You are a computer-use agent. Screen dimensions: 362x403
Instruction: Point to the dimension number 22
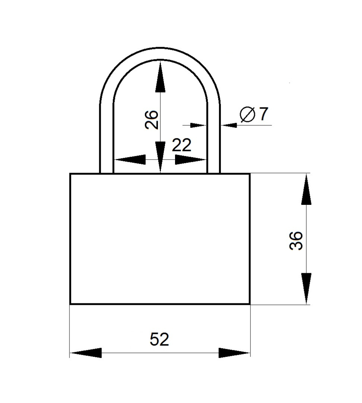(x=181, y=145)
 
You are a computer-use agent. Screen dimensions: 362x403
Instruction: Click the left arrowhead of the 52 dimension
(x=85, y=353)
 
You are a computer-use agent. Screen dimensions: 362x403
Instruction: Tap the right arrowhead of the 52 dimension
(x=234, y=353)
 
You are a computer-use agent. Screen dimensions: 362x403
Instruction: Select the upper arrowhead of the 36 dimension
(x=306, y=190)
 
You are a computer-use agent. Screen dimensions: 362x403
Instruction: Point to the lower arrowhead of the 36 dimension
(x=306, y=288)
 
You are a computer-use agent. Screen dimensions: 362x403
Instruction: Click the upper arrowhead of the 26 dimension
(x=160, y=76)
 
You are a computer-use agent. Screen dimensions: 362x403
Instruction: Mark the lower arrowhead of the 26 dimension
(x=160, y=157)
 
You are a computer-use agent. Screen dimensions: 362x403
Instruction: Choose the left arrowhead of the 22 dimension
(x=129, y=160)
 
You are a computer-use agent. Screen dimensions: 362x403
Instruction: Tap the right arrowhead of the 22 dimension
(x=191, y=160)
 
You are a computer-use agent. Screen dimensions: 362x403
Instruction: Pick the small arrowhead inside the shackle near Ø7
(x=198, y=125)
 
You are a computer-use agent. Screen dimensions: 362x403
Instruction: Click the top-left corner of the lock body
(x=70, y=174)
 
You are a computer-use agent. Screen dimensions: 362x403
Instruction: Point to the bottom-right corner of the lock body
(x=250, y=304)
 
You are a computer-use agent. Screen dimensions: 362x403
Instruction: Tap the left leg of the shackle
(x=106, y=139)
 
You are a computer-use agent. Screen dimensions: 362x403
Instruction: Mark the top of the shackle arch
(x=160, y=53)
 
